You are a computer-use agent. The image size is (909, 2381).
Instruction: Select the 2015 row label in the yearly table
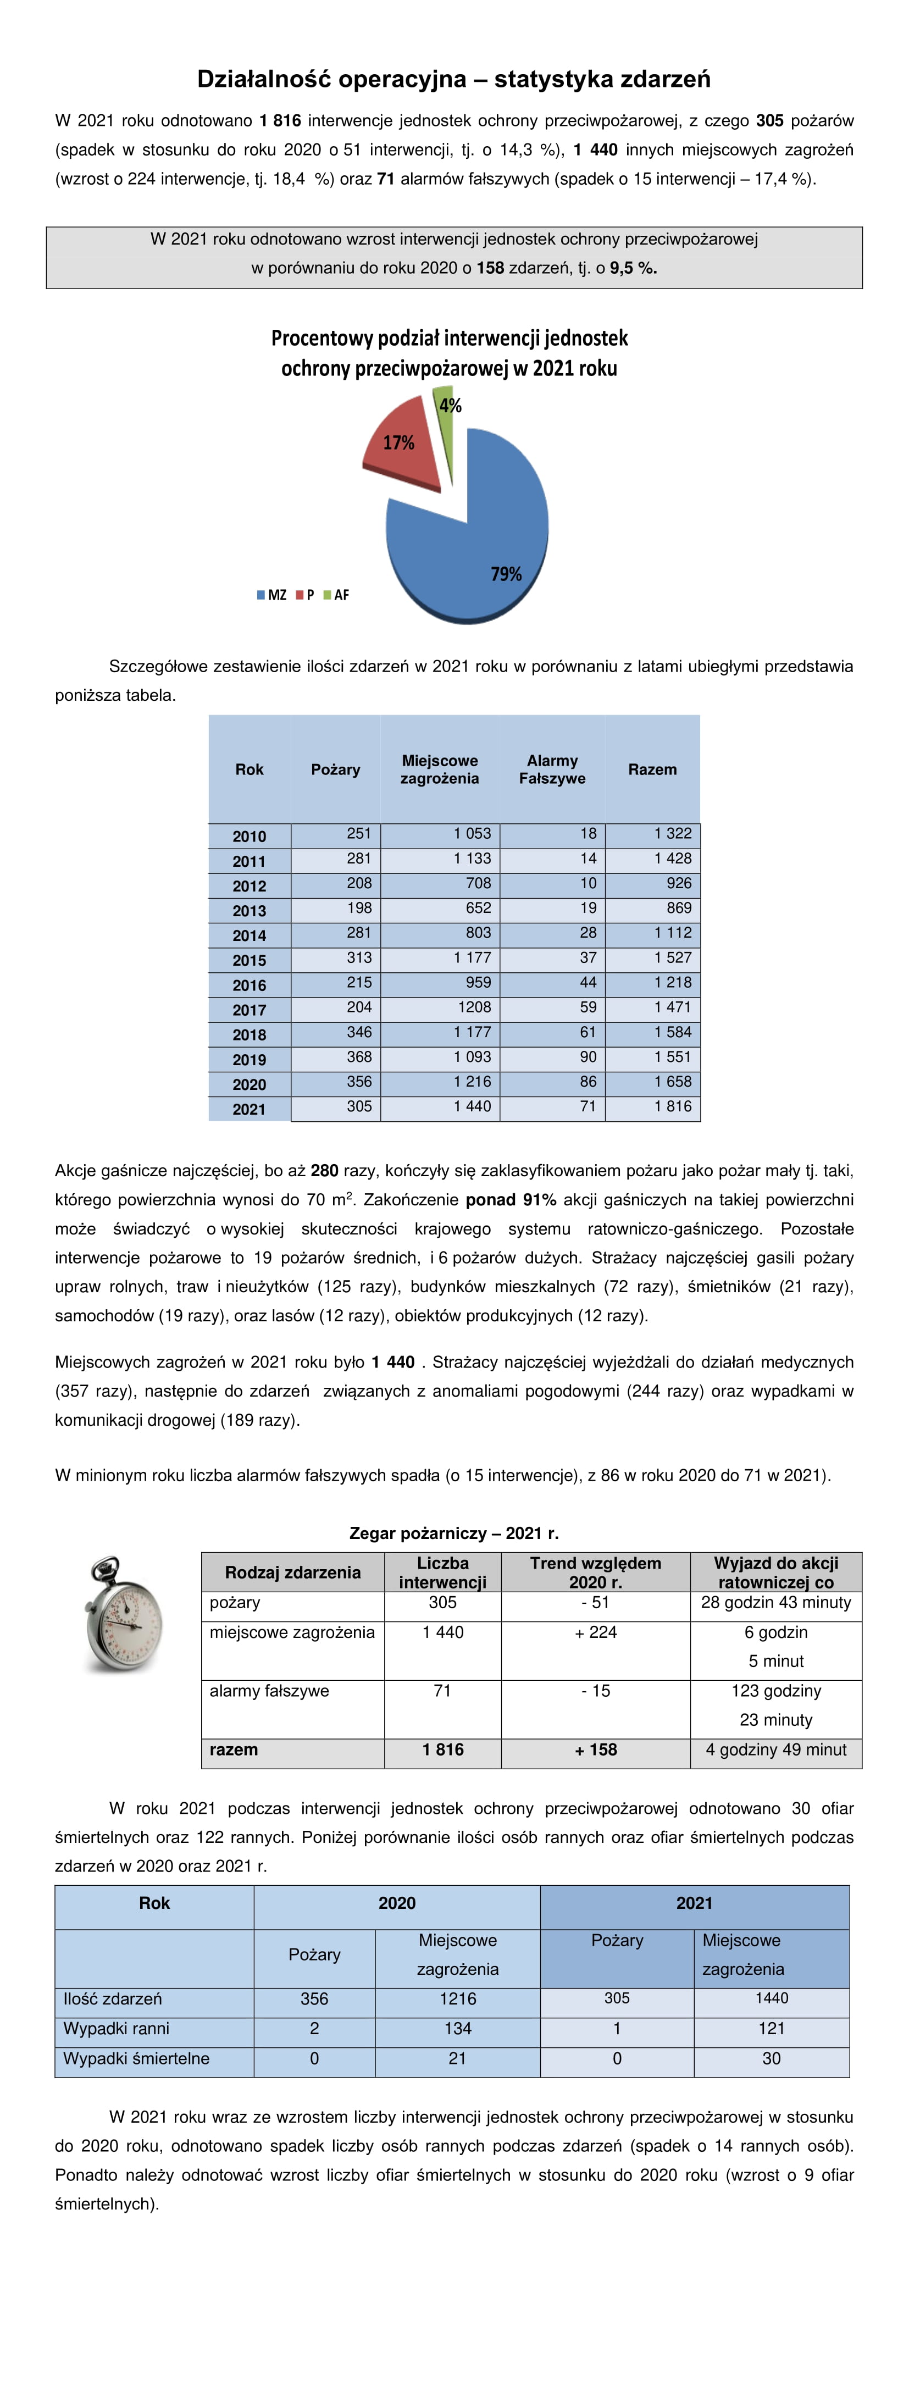250,960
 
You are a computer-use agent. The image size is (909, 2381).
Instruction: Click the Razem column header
652,769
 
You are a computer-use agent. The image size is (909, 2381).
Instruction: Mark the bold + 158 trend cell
596,1749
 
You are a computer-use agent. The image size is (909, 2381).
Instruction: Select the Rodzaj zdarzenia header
293,1572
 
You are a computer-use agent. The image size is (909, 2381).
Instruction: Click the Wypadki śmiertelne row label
137,2058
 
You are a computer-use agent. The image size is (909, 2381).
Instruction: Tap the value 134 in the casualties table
457,2029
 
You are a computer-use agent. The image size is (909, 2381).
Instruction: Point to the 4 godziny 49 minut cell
776,1749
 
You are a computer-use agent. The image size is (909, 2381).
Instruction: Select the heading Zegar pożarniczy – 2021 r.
453,1533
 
